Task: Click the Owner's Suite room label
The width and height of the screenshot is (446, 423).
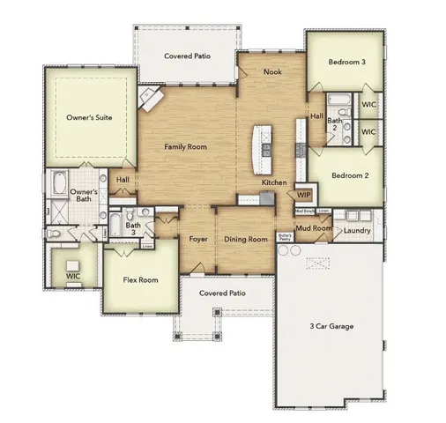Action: [90, 116]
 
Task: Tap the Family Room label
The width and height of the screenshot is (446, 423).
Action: [185, 147]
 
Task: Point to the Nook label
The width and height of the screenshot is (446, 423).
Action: [272, 71]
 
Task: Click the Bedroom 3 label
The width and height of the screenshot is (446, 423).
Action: [347, 63]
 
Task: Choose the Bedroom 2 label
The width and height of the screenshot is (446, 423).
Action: [349, 175]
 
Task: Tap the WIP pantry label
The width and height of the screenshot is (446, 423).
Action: [303, 195]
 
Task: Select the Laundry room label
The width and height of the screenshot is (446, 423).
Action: [357, 231]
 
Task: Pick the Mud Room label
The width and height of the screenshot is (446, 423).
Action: [314, 229]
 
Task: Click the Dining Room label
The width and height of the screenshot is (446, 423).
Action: [245, 239]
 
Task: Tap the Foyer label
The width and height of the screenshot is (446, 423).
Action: [198, 239]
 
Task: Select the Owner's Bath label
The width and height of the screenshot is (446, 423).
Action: [82, 195]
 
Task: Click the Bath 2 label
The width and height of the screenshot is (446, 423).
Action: [335, 124]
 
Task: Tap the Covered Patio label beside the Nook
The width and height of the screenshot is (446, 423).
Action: [187, 56]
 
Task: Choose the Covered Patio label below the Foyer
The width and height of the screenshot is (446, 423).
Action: [221, 293]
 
